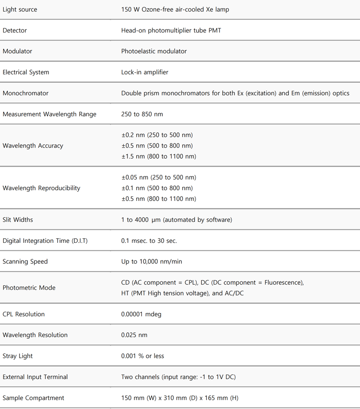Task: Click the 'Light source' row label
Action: (20, 9)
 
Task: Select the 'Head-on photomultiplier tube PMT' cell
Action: (171, 30)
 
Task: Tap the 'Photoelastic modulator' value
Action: (154, 51)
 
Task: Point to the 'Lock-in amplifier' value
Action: (145, 72)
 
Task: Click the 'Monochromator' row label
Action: (26, 93)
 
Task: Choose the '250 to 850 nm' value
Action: (142, 114)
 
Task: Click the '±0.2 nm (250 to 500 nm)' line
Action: (157, 135)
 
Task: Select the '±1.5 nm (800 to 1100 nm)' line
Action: (159, 156)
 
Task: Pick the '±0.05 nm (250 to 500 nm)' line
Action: (159, 177)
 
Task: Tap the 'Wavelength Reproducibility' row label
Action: (41, 188)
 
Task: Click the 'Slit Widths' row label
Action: (18, 220)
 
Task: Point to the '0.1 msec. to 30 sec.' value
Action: (149, 241)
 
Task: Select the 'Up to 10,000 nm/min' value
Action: (152, 261)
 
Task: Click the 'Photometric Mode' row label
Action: (29, 288)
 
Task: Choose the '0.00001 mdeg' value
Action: (141, 314)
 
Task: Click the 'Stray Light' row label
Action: (18, 356)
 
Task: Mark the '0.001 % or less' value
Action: (143, 356)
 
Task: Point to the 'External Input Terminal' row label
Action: (35, 377)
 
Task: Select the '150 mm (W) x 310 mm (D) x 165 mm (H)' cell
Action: (180, 398)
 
